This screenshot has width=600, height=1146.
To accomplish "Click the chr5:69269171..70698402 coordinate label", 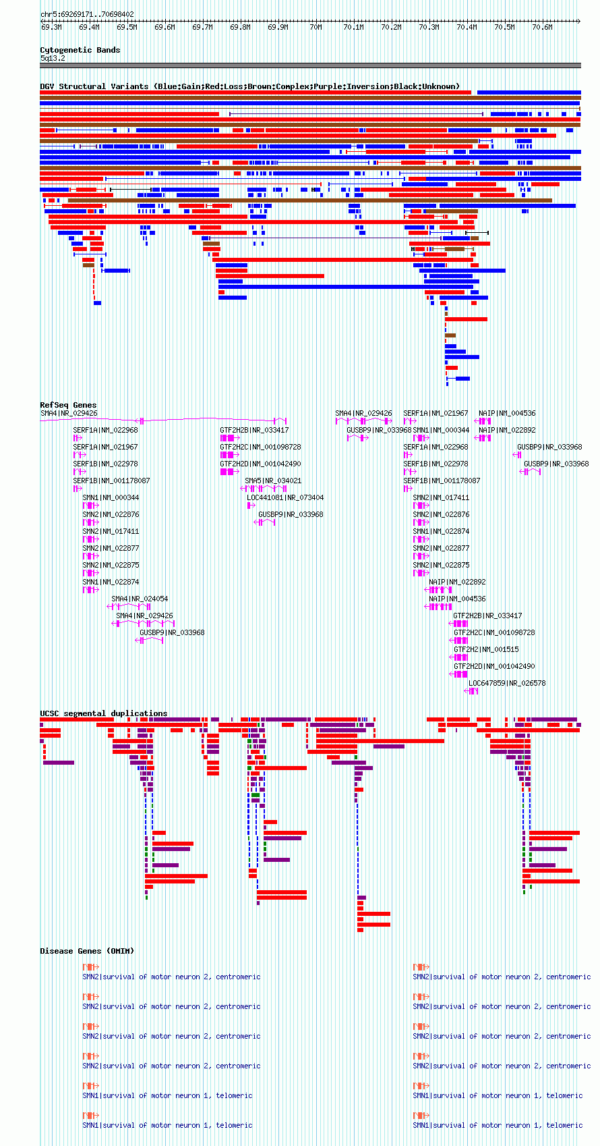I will pos(87,14).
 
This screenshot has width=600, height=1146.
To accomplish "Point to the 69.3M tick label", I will pos(51,28).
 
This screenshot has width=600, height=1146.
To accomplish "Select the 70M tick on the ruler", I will pos(316,28).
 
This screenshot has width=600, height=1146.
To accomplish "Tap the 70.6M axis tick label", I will pos(542,28).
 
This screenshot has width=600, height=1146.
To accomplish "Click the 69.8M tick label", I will pos(240,28).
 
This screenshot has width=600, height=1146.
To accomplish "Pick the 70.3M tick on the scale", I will pos(429,28).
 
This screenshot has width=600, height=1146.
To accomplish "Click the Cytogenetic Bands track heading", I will pos(80,50).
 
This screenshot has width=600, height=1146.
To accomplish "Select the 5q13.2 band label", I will pos(53,58).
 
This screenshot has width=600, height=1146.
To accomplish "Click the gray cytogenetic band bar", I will pos(310,65).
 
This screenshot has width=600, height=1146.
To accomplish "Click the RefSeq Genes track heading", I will pos(68,405).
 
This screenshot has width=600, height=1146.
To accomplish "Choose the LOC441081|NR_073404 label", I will pos(285,497).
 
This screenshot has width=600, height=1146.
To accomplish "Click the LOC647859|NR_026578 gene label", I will pos(507,683).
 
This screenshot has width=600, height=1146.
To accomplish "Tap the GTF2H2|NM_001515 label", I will pos(486,649).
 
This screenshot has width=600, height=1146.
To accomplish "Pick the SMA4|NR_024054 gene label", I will pos(140,599).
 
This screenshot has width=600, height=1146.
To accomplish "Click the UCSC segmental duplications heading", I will pos(103,713).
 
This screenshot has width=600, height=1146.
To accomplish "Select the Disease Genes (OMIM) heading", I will pos(87,951).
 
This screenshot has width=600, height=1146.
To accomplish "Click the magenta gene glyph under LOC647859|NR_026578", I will pos(473,691).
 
